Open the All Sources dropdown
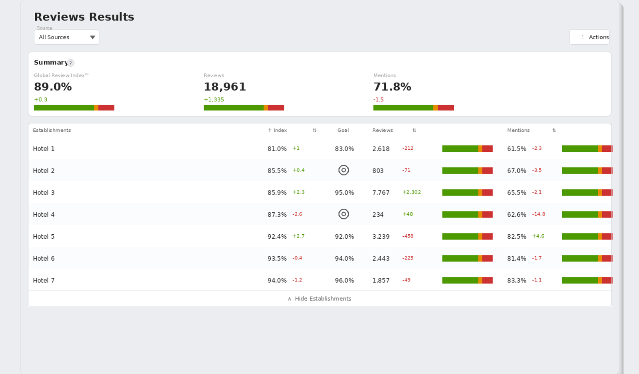click(66, 37)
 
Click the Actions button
click(589, 37)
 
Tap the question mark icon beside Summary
click(71, 63)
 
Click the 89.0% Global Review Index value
click(53, 87)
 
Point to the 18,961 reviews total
click(225, 87)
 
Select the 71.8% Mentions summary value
click(392, 87)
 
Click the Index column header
click(277, 130)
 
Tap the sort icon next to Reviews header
click(414, 130)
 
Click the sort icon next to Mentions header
click(554, 130)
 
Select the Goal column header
click(343, 130)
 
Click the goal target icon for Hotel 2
click(343, 170)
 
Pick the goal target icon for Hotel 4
click(343, 214)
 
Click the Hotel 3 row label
click(44, 193)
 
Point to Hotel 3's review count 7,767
click(381, 193)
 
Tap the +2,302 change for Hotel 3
click(411, 192)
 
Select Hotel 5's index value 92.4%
click(277, 237)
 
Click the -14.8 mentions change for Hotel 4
click(539, 214)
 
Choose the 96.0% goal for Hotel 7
click(344, 281)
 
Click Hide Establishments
click(319, 299)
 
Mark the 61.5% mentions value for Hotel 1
click(517, 149)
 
